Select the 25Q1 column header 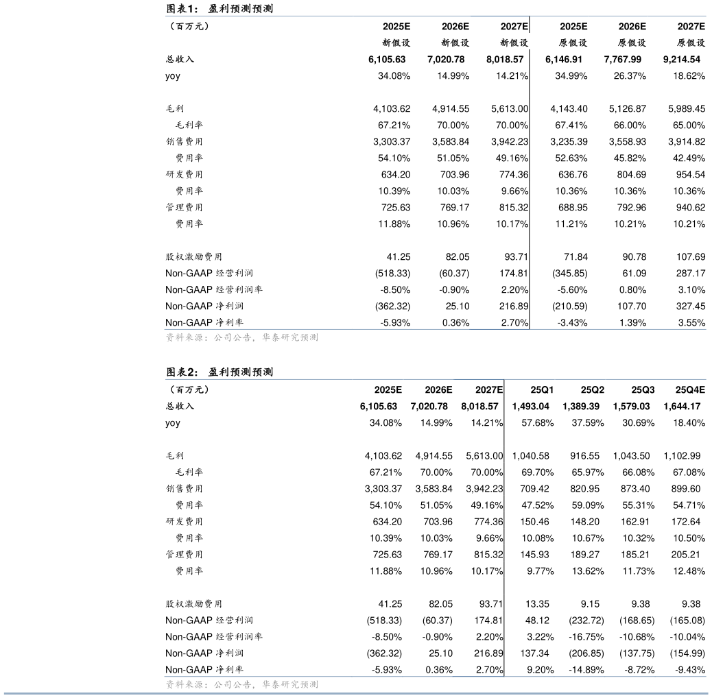[x=542, y=390]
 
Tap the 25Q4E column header [x=690, y=390]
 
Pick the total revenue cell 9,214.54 [x=685, y=60]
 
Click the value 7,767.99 [x=625, y=60]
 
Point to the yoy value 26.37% [x=630, y=76]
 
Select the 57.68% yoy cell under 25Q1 [x=538, y=423]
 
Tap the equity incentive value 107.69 [x=691, y=257]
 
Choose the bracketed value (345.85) [x=569, y=274]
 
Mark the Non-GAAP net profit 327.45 [x=691, y=306]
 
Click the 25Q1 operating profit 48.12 [x=537, y=621]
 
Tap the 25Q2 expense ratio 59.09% [x=588, y=505]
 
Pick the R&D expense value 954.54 [x=691, y=175]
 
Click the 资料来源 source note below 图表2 [x=242, y=684]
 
